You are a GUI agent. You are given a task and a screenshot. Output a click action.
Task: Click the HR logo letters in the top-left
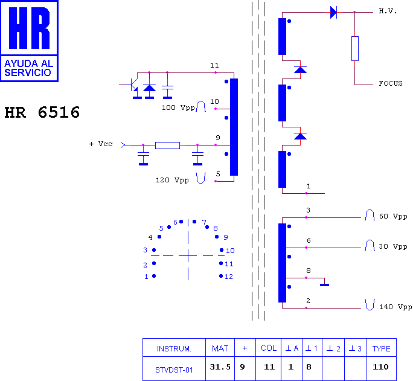point(29,28)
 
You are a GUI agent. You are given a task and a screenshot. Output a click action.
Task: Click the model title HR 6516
point(42,112)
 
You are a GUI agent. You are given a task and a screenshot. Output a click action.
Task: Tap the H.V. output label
point(388,11)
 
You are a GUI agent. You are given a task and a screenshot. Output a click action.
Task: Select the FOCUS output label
point(391,83)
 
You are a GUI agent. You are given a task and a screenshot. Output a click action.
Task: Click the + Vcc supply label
point(101,144)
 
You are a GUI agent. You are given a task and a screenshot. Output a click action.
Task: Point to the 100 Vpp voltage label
point(178,107)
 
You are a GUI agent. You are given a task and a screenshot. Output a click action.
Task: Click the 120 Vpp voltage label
point(172,180)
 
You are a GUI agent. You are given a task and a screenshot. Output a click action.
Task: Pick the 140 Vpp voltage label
point(395,307)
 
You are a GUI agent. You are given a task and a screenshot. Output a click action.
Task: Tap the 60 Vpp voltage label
point(393,216)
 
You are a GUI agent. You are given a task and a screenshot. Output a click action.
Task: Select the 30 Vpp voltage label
point(393,247)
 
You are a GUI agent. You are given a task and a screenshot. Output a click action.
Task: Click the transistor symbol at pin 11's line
point(133,85)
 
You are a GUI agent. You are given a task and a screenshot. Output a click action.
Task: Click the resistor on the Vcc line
point(167,146)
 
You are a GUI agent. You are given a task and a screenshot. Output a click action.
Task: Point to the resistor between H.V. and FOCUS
point(355,49)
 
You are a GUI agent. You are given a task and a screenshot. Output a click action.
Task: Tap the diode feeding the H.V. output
point(333,12)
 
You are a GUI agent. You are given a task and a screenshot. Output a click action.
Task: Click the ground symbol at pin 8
point(324,285)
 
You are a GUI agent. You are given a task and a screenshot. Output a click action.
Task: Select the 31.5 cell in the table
point(220,367)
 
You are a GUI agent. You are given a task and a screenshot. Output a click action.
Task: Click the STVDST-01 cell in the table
point(174,370)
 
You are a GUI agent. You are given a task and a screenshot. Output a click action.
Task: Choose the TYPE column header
point(382,348)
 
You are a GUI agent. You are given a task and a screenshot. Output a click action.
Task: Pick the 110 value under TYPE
point(380,367)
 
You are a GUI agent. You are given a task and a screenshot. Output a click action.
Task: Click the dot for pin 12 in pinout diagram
point(221,276)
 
